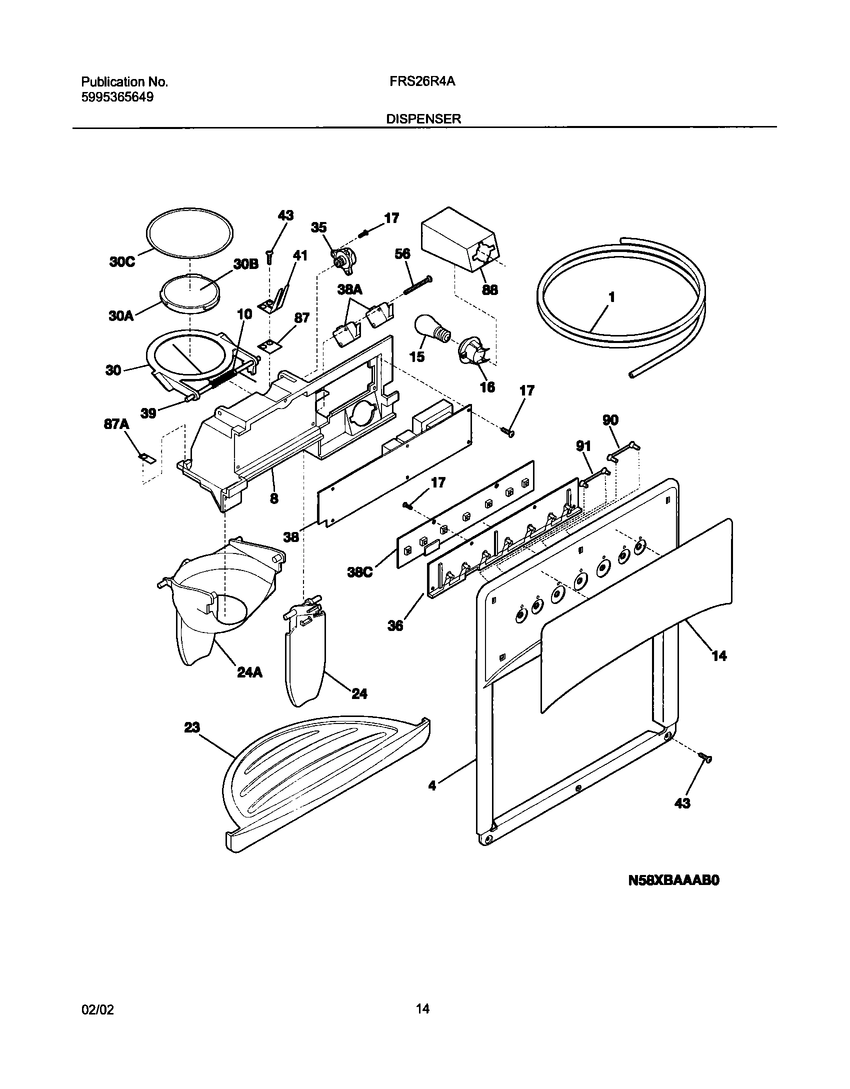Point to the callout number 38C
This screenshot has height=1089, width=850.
[x=360, y=572]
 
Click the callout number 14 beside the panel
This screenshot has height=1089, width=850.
[x=718, y=655]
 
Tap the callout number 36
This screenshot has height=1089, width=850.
[x=395, y=625]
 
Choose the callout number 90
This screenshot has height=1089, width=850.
[x=610, y=420]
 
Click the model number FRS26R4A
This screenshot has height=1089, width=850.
[x=422, y=81]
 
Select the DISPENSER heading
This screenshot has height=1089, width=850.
[x=423, y=119]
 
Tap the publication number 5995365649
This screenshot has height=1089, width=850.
[x=117, y=97]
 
